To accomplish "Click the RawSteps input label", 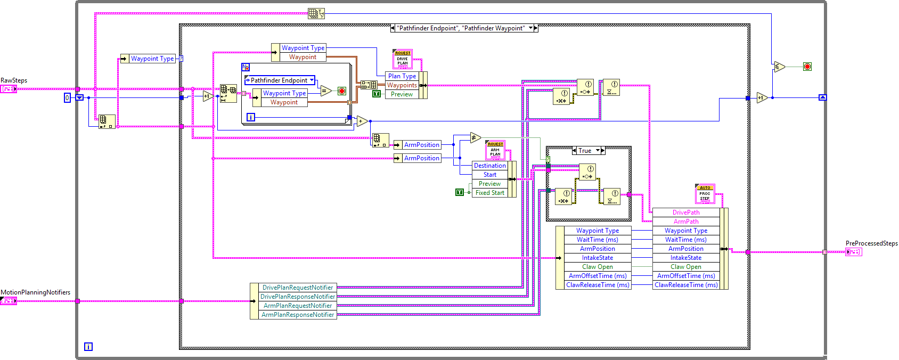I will (14, 80).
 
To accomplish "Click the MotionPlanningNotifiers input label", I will (35, 292).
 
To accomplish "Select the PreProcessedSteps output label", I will (871, 243).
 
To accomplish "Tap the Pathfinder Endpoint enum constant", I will (279, 80).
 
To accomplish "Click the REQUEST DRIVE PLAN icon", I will (403, 59).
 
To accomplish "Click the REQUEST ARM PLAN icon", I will (495, 150).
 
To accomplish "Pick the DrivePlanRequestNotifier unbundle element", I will (297, 288).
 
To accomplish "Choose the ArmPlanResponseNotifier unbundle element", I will (297, 315).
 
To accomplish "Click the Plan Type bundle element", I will (402, 76).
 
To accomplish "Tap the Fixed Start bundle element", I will (489, 193).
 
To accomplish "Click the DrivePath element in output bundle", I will (685, 212).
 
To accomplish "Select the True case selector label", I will (585, 151).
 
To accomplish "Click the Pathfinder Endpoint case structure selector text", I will (461, 28).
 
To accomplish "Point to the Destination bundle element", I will (489, 166).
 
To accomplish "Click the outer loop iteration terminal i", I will (88, 347).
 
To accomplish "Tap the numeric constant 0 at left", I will (67, 98).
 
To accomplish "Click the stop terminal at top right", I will (807, 67).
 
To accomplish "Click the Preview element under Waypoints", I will (402, 94).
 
